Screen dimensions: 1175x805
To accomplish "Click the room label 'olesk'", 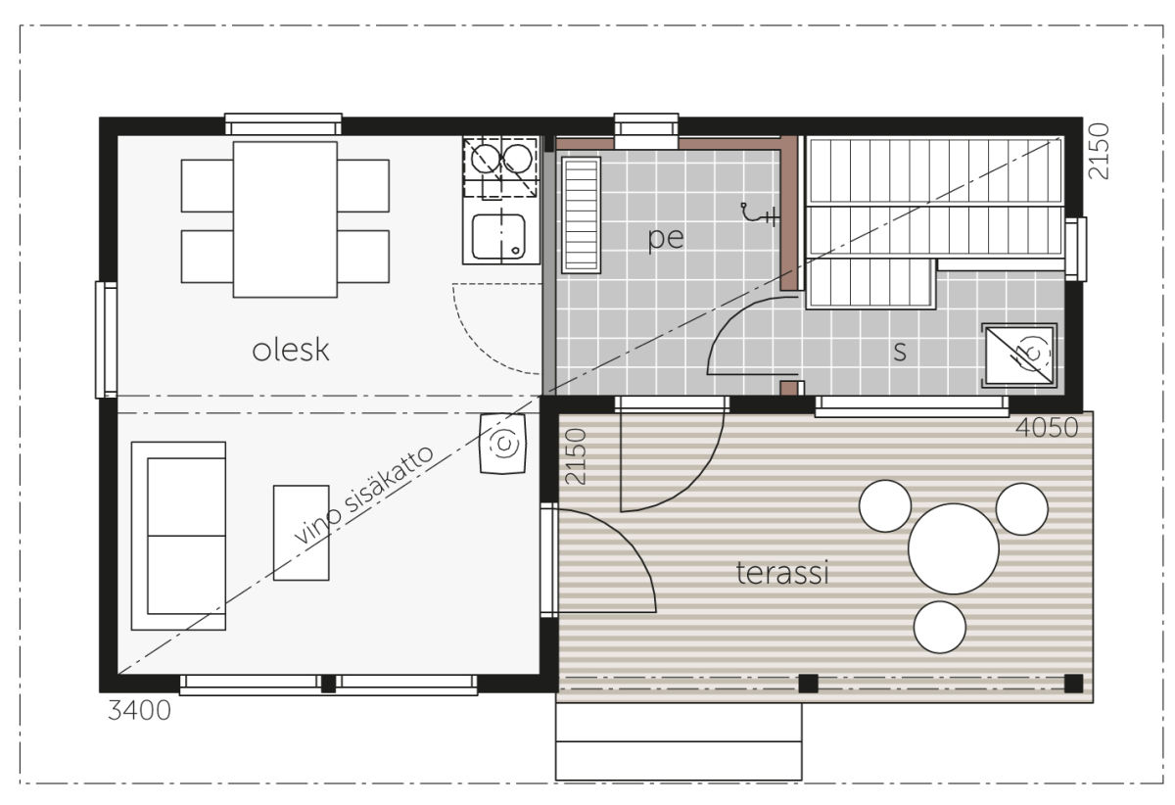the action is (x=291, y=350).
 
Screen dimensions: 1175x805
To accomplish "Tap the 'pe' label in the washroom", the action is (x=666, y=239).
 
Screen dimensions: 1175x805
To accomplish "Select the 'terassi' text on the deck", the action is (x=782, y=573).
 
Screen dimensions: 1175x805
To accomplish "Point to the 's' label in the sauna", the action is (x=900, y=352).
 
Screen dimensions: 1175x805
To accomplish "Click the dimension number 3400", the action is (x=139, y=711).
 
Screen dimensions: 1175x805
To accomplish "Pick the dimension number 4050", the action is (x=1047, y=427).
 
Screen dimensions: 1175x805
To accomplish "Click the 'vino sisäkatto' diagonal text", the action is (x=363, y=495).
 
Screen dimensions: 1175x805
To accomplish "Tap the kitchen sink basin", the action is (x=498, y=237).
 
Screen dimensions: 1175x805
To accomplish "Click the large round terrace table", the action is (x=953, y=549).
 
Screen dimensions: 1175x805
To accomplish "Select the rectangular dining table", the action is (x=285, y=219).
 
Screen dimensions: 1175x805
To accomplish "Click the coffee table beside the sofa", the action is (x=302, y=533).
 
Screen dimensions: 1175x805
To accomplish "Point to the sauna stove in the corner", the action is (x=1019, y=355).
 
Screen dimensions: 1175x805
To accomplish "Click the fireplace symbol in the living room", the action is (x=503, y=444).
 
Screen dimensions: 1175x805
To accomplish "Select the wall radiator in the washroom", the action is (x=581, y=215).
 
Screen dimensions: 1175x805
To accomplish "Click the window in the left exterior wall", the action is (x=107, y=340).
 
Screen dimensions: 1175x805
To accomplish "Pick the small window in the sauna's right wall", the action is (x=1075, y=249).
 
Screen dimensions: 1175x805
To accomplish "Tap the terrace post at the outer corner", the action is (x=1073, y=684).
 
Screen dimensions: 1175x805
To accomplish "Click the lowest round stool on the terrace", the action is (x=939, y=627).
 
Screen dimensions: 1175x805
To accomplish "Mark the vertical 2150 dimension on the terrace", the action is (x=576, y=456).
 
